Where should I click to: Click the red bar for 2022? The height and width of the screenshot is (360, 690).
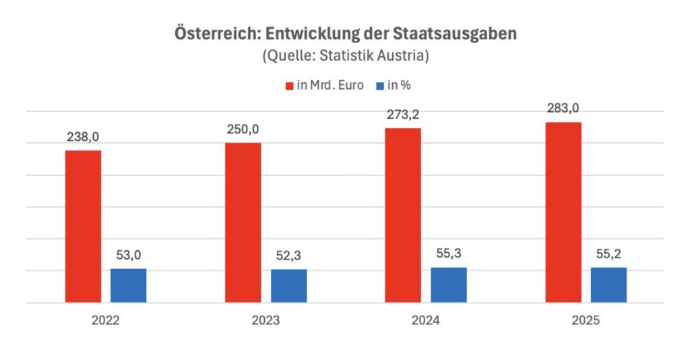point(83,226)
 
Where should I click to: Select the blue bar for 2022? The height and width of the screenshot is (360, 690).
point(128,285)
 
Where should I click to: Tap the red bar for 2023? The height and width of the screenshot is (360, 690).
point(243,222)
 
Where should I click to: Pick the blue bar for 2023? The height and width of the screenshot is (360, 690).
point(288,286)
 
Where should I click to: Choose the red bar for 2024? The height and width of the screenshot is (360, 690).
point(403,215)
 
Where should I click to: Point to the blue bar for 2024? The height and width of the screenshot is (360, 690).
point(449,284)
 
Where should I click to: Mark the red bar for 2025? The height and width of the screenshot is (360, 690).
point(563,212)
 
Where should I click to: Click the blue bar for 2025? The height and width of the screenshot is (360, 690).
point(608,284)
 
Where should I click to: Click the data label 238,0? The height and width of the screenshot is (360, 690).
point(83,137)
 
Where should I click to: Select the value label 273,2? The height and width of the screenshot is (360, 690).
point(403,115)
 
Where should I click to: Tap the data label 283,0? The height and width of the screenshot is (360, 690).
point(563,109)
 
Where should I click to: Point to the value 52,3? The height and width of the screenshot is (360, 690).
point(288,256)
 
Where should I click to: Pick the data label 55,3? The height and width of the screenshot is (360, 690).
point(449,254)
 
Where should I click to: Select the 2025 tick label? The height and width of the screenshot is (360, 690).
point(586,322)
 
